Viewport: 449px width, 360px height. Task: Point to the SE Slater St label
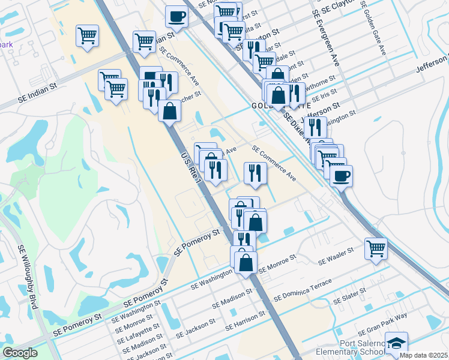click(351, 297)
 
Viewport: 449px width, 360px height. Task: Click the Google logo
click(20, 352)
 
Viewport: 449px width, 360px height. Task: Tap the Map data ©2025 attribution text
click(424, 355)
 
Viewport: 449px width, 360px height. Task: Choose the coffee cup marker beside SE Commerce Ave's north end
click(176, 16)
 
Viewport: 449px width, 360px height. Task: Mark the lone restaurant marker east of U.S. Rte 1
click(255, 173)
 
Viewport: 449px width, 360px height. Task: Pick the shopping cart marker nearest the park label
click(87, 37)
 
